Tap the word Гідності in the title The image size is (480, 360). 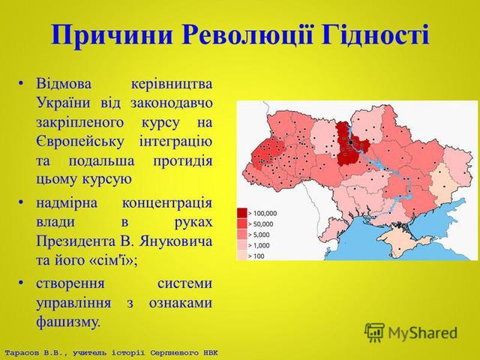[x=375, y=34]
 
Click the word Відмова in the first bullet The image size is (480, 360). [x=64, y=83]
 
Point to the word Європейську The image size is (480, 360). [x=79, y=142]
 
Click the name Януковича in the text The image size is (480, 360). [x=175, y=241]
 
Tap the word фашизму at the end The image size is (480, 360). [x=68, y=322]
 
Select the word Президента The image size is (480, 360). [x=76, y=241]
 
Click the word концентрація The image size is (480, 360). [x=167, y=203]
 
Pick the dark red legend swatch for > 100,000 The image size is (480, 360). [x=242, y=213]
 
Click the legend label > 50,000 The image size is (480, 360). [x=260, y=224]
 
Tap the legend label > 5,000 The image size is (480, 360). [x=259, y=235]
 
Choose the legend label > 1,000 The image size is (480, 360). [x=259, y=245]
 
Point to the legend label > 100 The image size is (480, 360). [x=256, y=256]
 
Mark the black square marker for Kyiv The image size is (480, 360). [x=351, y=142]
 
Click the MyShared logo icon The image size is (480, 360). [x=374, y=332]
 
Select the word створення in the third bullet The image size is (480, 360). [x=70, y=283]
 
